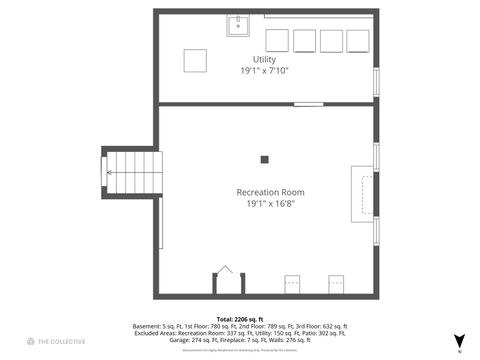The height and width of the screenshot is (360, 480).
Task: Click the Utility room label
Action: (x=264, y=60)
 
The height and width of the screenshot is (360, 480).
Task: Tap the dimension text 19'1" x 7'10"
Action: (x=264, y=71)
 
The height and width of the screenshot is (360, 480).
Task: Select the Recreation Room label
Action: (x=270, y=192)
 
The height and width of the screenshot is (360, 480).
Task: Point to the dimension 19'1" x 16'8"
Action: (x=270, y=204)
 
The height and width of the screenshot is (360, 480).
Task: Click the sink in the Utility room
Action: (x=238, y=25)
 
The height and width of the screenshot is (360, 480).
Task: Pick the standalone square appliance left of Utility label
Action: (x=195, y=60)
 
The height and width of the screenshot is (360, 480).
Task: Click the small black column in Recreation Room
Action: (x=265, y=158)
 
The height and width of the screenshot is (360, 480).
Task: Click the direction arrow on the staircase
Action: (x=110, y=172)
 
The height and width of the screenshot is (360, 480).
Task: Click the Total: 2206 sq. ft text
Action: (x=240, y=319)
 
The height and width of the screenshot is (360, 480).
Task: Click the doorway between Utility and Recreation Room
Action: (x=308, y=103)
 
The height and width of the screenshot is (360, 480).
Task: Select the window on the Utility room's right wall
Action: (x=376, y=82)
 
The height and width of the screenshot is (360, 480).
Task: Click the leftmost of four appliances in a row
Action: (x=277, y=40)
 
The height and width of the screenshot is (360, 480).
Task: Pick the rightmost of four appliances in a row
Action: (x=357, y=40)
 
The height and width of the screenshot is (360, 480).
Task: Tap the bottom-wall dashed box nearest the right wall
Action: (x=336, y=284)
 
